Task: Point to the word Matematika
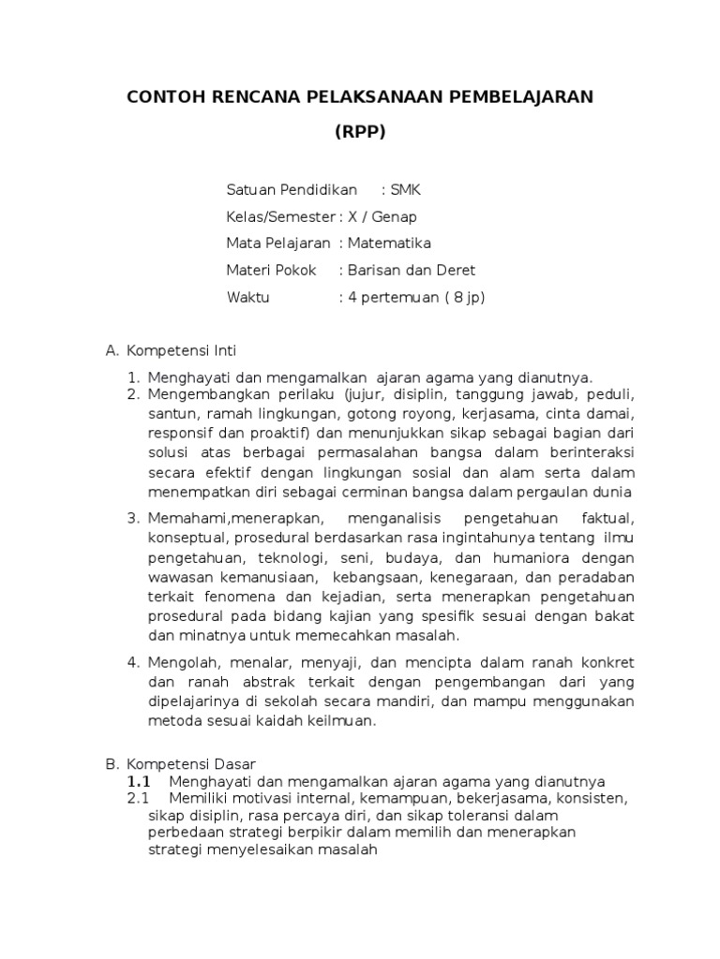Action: pos(389,243)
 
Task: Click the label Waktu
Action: pos(247,298)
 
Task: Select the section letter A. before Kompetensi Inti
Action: pos(112,351)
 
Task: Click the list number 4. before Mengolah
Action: pos(133,662)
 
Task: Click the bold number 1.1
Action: pos(139,781)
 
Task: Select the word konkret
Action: pos(607,662)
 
